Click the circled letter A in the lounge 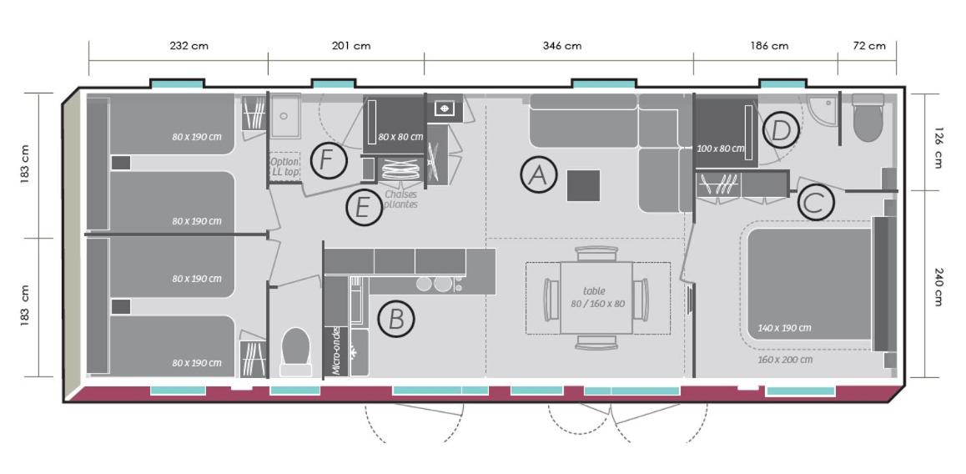538,175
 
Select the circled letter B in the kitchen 396,320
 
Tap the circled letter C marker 816,202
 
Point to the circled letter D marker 781,131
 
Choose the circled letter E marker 364,208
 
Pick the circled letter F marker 329,160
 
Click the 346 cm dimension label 562,46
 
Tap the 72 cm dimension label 869,46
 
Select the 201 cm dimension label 351,46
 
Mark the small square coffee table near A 583,185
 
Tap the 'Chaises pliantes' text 400,199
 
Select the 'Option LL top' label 284,166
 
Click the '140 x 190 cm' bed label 784,328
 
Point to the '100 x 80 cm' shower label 721,149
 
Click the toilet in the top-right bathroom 868,118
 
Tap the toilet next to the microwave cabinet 295,351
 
